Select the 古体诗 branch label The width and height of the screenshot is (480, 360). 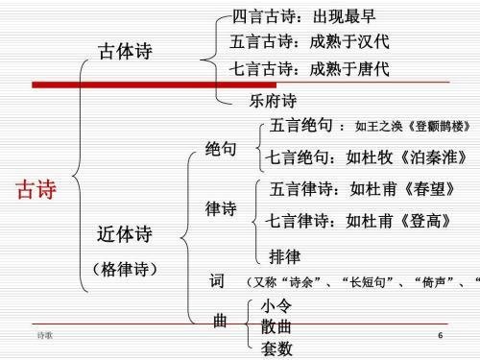[x=127, y=52]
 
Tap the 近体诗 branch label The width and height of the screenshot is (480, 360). [x=125, y=234]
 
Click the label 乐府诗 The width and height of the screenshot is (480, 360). [x=273, y=101]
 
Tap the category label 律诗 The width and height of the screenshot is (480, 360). [x=221, y=208]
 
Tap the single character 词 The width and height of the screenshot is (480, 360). [x=217, y=282]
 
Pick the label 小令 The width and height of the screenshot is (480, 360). [x=277, y=305]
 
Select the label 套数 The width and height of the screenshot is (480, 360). [x=277, y=348]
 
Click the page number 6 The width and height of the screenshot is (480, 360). [x=440, y=337]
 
